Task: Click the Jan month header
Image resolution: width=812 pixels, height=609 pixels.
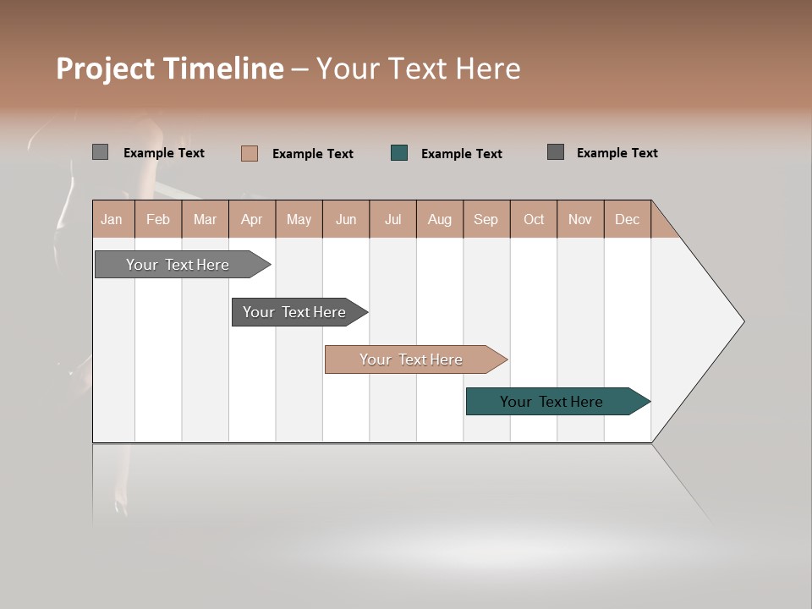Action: pos(112,219)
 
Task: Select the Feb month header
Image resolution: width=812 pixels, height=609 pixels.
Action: pos(158,219)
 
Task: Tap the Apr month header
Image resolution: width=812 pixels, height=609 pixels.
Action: pos(251,219)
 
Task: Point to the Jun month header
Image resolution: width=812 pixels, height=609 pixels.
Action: pos(346,219)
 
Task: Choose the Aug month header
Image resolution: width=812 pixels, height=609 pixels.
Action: pos(439,219)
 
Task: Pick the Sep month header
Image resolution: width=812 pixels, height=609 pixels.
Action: pos(486,219)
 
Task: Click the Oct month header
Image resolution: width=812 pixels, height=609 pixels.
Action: pos(534,219)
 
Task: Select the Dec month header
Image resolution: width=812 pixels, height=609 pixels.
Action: pos(627,219)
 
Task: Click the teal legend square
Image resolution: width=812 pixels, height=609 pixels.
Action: pos(399,153)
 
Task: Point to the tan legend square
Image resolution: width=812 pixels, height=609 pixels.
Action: pos(250,153)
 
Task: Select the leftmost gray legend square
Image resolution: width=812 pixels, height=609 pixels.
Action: pos(100,152)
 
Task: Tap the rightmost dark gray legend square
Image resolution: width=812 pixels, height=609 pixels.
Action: pos(556,152)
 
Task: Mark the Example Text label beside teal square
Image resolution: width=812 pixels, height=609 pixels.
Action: pos(461,153)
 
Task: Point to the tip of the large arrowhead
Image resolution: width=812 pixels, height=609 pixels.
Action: pos(743,321)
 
